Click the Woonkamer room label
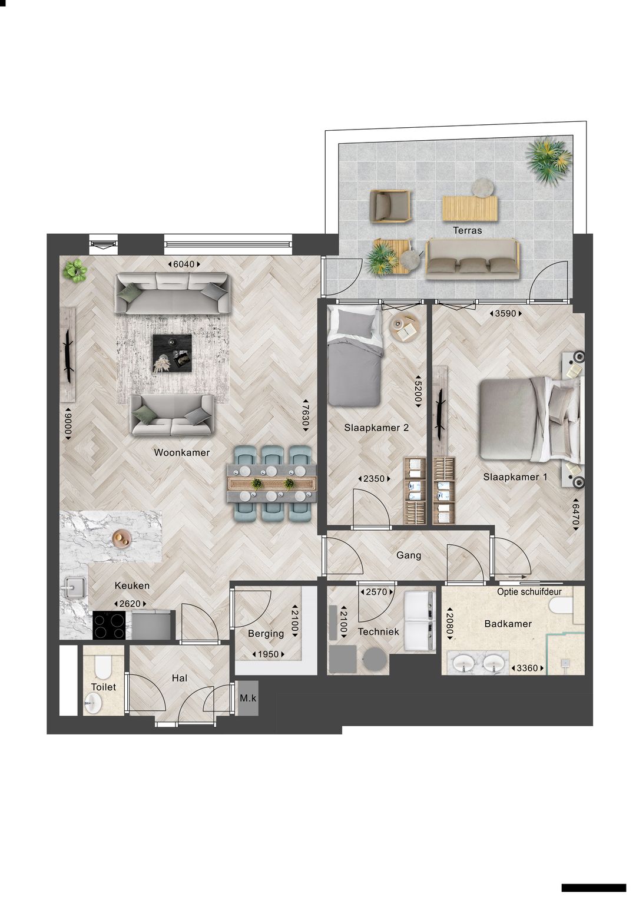181,452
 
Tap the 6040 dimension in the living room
184,264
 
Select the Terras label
467,230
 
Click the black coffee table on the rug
172,353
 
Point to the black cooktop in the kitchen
110,625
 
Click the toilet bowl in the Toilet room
102,667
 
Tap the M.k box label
248,698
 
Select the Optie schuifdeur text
529,591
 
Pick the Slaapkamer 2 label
376,428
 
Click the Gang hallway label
409,555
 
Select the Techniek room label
378,631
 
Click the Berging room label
266,633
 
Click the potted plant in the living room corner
75,271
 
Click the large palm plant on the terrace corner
549,158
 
